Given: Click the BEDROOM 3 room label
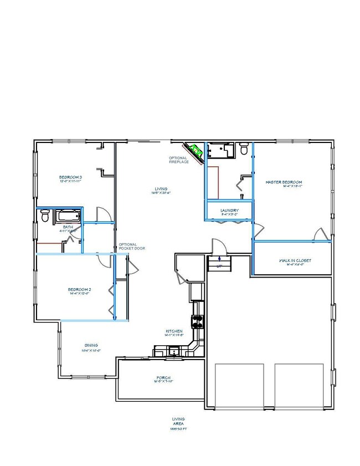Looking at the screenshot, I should [70, 178].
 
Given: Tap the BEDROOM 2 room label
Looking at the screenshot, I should [79, 290].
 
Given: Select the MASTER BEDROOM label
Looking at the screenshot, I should [284, 183].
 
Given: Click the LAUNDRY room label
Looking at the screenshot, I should [229, 211].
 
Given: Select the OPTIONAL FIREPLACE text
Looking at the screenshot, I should [178, 160].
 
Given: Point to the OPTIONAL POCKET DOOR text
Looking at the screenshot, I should [132, 247].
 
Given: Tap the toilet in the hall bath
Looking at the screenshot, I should [45, 217].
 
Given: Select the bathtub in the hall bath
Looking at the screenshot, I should [69, 216].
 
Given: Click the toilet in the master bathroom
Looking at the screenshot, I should [244, 148].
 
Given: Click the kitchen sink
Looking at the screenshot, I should [174, 350].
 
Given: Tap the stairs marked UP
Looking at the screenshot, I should [219, 263].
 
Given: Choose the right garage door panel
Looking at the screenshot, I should [299, 386].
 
